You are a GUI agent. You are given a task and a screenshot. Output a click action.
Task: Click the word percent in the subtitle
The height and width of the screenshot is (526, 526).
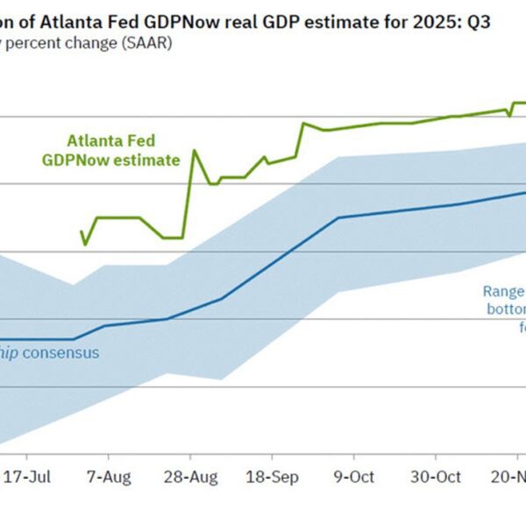[41, 44]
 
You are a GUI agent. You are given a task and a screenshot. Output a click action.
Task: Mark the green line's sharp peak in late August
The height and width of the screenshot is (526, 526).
[194, 151]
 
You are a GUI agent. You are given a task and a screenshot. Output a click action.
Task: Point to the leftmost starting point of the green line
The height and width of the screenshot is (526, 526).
[82, 232]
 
